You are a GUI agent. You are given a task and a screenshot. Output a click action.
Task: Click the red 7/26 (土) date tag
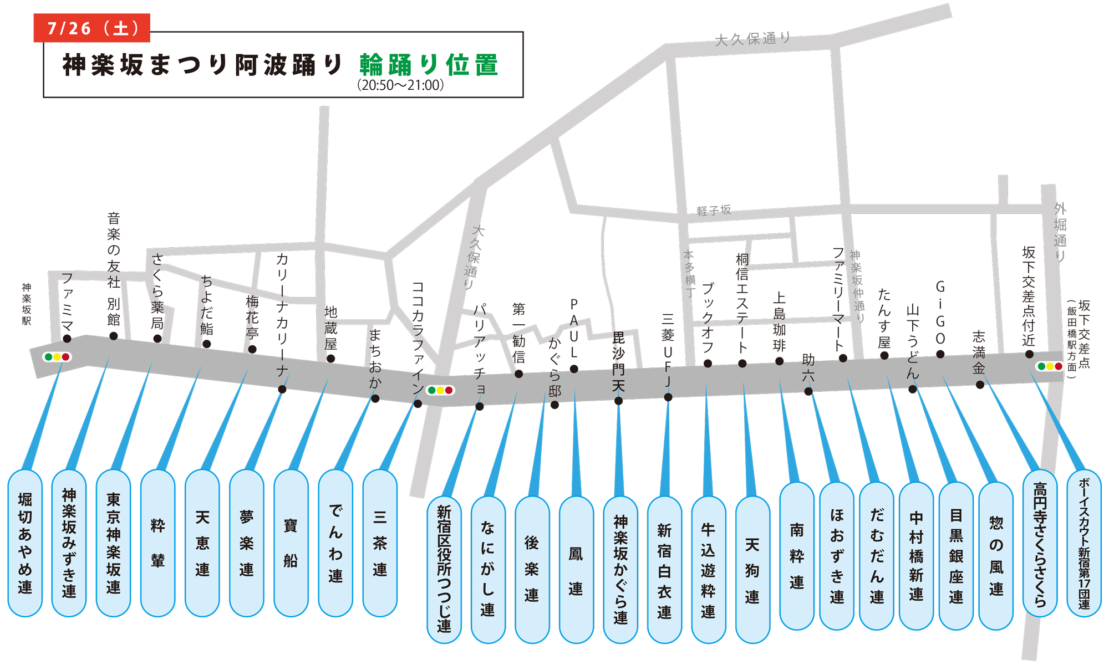(x=92, y=28)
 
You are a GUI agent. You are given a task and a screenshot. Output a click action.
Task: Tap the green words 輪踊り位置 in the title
(x=429, y=65)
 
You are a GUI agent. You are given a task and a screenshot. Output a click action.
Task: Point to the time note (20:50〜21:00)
(x=400, y=85)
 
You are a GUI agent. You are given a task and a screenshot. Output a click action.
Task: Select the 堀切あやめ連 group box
(x=25, y=543)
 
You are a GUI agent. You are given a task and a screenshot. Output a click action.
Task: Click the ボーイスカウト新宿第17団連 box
(x=1084, y=543)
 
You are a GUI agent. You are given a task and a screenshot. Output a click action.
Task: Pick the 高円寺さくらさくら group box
(x=1040, y=543)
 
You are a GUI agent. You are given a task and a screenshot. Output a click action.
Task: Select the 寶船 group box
(x=291, y=543)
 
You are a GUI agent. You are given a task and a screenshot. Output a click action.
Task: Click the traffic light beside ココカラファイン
(x=440, y=390)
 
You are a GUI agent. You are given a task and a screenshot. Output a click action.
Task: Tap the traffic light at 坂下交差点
(x=1050, y=366)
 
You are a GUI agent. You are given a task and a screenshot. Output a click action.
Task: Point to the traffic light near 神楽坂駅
(x=57, y=357)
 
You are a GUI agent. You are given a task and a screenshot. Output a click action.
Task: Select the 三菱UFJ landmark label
(x=668, y=350)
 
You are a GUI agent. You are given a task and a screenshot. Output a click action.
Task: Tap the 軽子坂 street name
(x=714, y=211)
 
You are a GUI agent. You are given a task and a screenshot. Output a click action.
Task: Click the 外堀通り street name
(x=1060, y=232)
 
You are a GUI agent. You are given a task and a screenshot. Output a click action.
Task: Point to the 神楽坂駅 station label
(x=27, y=304)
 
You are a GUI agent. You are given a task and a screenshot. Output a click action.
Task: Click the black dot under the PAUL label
(x=574, y=369)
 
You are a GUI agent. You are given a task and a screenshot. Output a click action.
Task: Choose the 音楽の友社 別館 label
(x=114, y=268)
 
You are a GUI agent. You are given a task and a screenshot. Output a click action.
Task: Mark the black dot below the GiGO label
(x=940, y=354)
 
